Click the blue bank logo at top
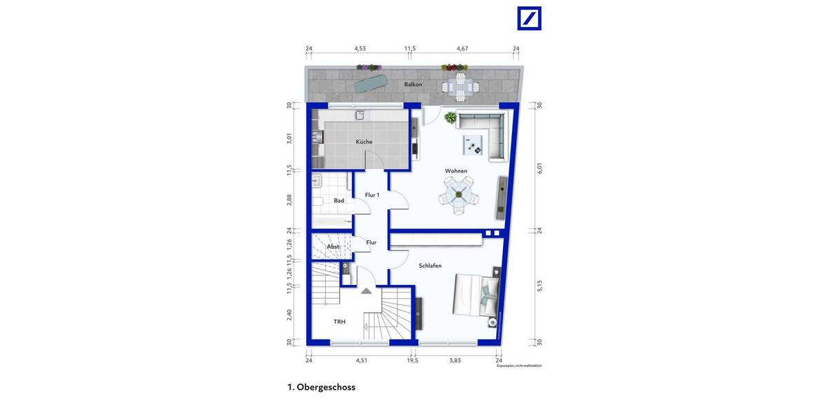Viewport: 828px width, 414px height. [529, 19]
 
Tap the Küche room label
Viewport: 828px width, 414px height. [364, 142]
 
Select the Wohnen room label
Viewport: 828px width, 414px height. [455, 171]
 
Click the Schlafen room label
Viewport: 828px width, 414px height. [430, 266]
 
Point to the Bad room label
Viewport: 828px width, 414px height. [339, 201]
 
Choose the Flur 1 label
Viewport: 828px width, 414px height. [372, 195]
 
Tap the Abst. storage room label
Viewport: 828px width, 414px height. [333, 246]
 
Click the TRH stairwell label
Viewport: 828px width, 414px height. [339, 322]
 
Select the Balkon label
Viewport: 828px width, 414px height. [413, 84]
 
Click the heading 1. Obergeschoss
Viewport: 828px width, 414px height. [321, 387]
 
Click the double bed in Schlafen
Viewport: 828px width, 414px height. [476, 297]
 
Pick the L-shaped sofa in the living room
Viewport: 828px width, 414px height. [486, 131]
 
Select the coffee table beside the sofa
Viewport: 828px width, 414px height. [473, 144]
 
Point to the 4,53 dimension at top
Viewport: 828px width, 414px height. [359, 49]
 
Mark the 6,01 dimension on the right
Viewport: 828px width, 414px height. [540, 168]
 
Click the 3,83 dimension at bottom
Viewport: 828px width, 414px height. [455, 359]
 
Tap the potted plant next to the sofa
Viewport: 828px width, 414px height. [450, 117]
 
